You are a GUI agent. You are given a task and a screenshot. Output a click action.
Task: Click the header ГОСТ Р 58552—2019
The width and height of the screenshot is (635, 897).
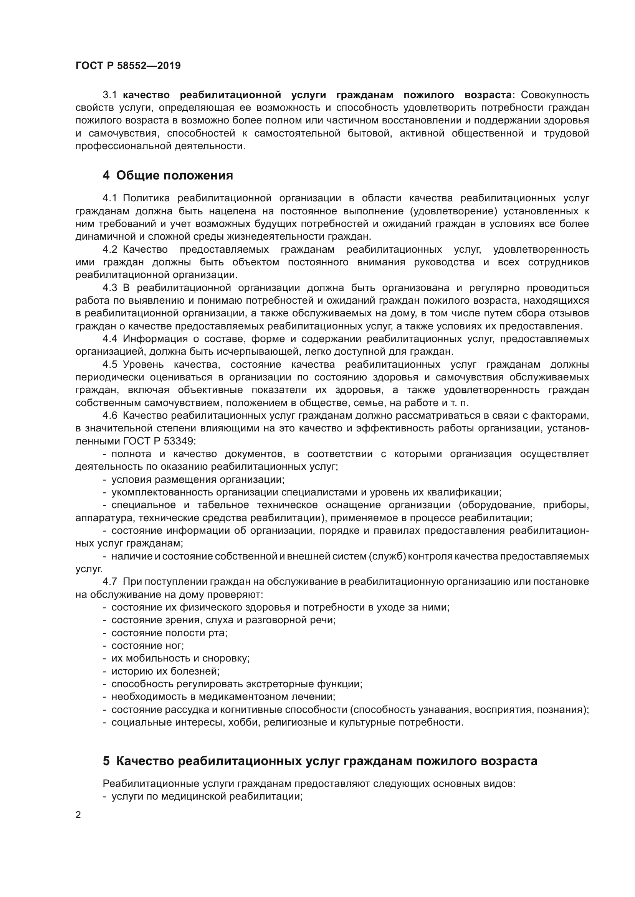[128, 66]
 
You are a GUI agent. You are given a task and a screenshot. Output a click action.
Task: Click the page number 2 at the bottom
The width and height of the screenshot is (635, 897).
[78, 815]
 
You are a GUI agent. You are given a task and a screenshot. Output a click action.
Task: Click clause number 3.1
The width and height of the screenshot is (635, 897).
[110, 95]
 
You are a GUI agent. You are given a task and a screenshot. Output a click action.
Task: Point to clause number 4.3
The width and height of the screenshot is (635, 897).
[110, 288]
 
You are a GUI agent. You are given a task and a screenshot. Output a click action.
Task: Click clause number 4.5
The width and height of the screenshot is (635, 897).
[110, 364]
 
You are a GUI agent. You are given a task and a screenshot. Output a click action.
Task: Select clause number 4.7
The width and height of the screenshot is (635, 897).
[110, 581]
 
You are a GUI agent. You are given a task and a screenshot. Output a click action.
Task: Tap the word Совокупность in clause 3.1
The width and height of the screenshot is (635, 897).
[555, 95]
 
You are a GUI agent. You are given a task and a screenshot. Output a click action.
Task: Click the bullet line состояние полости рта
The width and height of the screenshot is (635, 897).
[169, 632]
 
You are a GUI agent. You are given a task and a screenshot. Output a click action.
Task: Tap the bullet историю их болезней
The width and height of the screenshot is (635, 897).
[165, 671]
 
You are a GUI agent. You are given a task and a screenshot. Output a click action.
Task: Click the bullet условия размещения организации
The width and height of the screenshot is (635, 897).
[197, 479]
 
